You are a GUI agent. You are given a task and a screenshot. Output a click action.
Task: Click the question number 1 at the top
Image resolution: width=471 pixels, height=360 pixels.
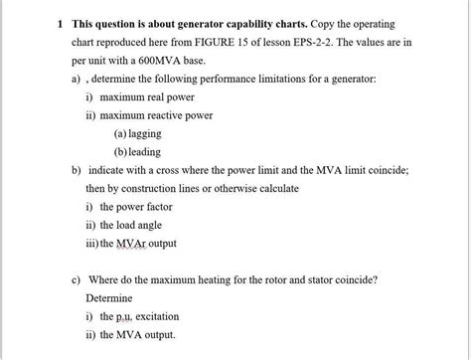pos(59,23)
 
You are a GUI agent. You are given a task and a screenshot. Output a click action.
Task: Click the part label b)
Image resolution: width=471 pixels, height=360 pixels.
pos(77,169)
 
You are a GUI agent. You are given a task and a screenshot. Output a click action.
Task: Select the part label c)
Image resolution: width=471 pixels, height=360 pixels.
pos(77,278)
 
